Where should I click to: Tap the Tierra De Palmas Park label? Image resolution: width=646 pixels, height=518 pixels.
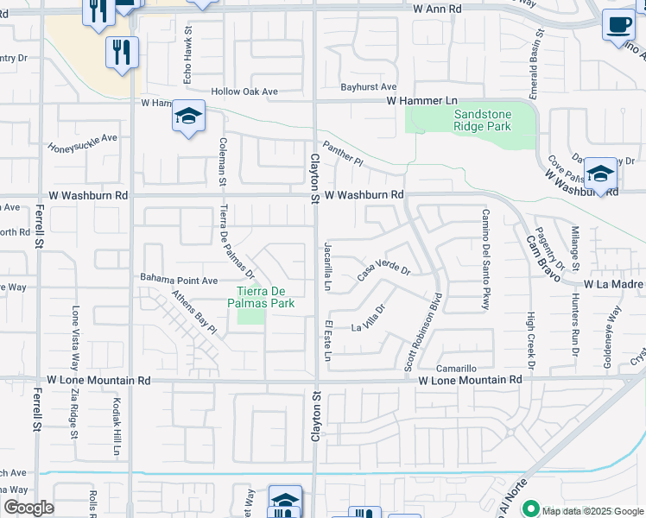pos(261,298)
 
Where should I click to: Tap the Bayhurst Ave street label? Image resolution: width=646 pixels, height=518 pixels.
pos(368,87)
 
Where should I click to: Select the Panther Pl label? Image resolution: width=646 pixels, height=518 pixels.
pos(344,155)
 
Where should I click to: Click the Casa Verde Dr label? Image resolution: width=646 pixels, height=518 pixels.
pos(384,272)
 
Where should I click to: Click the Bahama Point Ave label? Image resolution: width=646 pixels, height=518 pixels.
pos(179,280)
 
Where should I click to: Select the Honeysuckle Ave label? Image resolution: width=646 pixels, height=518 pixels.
pos(82,142)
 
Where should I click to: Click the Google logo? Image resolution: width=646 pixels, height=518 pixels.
pos(28,508)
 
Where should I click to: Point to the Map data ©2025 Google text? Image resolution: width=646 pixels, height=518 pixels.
pos(592,510)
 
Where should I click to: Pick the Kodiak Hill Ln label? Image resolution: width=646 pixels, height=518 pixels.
pos(116,426)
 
